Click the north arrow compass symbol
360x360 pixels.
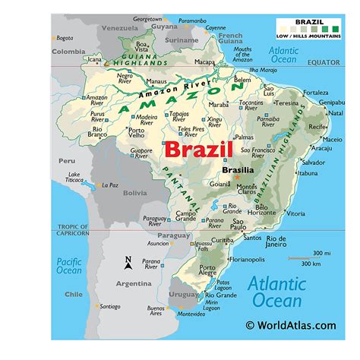point(128,263)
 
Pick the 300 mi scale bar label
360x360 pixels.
point(320,252)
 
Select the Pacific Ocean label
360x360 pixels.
point(69,266)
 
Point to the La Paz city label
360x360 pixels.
point(111,185)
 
